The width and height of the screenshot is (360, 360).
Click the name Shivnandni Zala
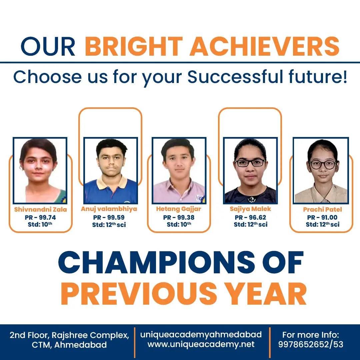[x=40, y=209]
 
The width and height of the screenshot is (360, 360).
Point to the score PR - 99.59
[x=109, y=217]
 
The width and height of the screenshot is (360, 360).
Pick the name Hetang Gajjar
[x=179, y=209]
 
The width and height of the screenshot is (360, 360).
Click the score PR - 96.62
[x=250, y=217]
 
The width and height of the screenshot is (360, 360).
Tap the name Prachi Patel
[x=322, y=209]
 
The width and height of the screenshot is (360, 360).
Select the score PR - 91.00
[x=322, y=217]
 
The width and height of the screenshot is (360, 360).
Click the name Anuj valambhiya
[x=109, y=209]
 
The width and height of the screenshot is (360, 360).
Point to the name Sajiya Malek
[x=250, y=209]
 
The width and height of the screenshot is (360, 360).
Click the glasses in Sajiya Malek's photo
[x=250, y=163]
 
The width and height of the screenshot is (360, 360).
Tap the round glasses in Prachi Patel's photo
[x=323, y=165]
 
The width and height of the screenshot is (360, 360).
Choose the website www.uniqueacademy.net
[x=201, y=344]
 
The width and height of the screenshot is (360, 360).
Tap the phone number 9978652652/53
[x=311, y=344]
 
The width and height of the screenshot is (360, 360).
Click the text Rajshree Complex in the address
[x=90, y=335]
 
